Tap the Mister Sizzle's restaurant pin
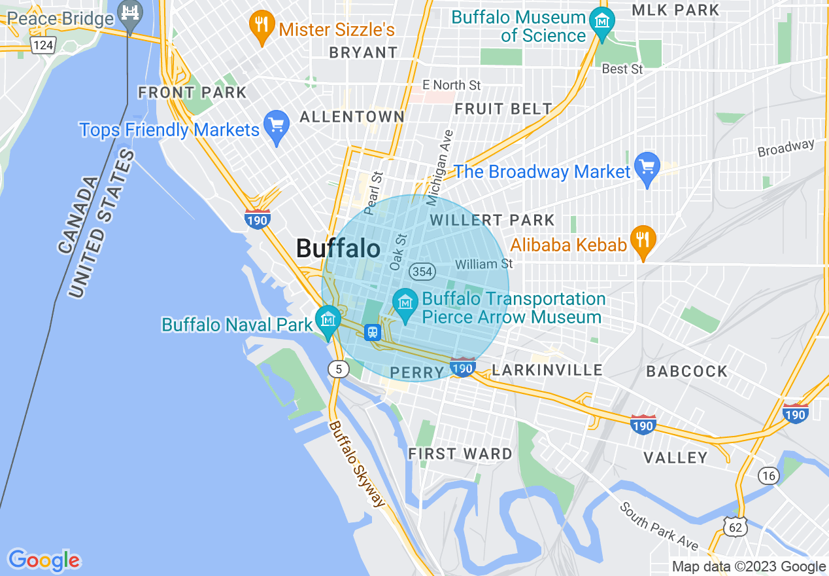[262, 27]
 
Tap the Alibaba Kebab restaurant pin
[643, 240]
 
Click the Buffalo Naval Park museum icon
[328, 320]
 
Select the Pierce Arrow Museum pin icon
[405, 304]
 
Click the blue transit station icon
[373, 332]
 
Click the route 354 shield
[422, 271]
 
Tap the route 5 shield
[338, 369]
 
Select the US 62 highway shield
[734, 524]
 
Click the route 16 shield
[769, 475]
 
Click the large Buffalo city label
[338, 249]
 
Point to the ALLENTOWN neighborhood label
[352, 117]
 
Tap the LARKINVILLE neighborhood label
[547, 370]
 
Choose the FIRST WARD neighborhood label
[460, 454]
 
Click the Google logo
[44, 560]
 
